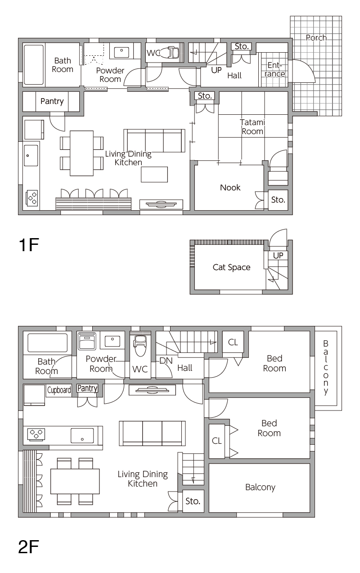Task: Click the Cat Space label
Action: point(231,267)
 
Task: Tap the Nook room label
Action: point(230,188)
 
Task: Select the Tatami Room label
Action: point(252,126)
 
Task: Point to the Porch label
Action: point(316,38)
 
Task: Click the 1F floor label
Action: point(29,245)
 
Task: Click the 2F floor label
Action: point(28,546)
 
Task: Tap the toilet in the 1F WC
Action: point(172,53)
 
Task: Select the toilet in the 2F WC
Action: point(140,345)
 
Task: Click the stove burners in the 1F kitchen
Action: point(32,198)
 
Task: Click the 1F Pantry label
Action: point(52,101)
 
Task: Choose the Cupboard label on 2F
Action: point(59,390)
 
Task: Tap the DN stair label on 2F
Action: point(166,361)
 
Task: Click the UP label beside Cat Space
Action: point(278,255)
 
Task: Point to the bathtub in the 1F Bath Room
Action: point(33,65)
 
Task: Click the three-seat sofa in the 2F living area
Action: point(153,433)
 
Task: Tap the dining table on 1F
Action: point(81,153)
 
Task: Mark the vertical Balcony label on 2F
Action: point(325,368)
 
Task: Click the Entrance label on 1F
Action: point(274,70)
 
